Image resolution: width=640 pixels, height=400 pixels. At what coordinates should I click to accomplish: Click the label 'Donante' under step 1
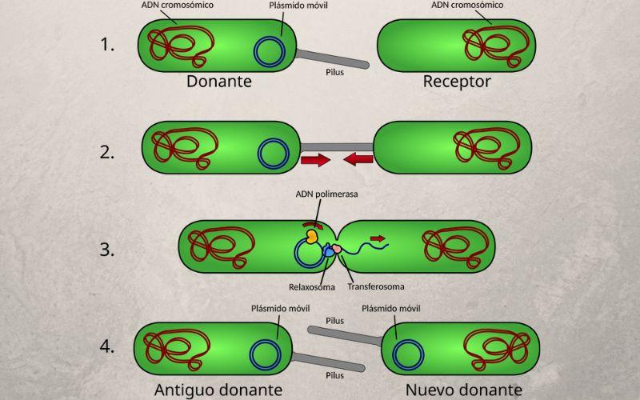219,82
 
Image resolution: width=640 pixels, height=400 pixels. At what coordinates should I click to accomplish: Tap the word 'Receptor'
457,82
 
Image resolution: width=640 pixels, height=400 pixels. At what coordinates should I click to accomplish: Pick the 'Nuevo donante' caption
462,390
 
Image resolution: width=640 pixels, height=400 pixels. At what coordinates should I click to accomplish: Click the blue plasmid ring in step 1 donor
270,50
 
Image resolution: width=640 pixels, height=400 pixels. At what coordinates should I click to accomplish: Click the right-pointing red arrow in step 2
315,161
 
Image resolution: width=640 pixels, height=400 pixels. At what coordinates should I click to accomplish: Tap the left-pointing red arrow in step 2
359,161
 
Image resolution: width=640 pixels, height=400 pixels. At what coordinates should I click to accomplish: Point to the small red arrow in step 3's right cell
377,238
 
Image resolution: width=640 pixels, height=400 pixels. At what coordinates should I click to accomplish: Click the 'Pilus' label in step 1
335,70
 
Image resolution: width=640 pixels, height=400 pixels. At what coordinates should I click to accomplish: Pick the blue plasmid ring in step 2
274,154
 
